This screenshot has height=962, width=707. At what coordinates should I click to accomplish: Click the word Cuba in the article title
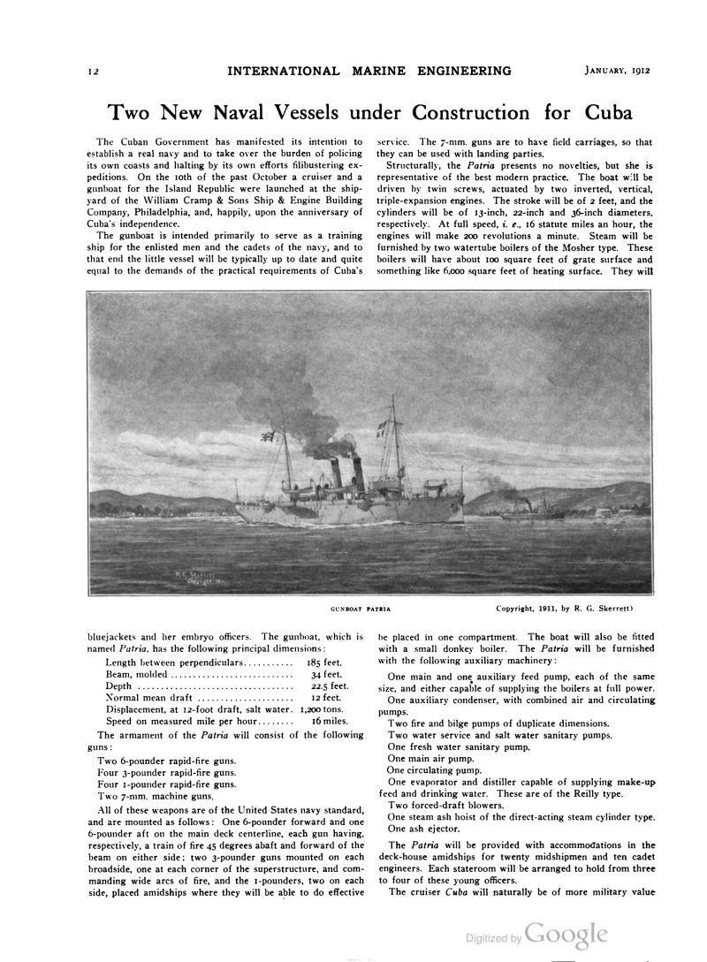[608, 113]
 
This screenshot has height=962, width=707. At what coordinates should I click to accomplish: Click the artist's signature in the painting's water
[193, 577]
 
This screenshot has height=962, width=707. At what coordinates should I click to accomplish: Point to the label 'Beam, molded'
[142, 674]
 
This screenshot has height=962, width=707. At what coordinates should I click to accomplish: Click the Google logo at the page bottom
[566, 935]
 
